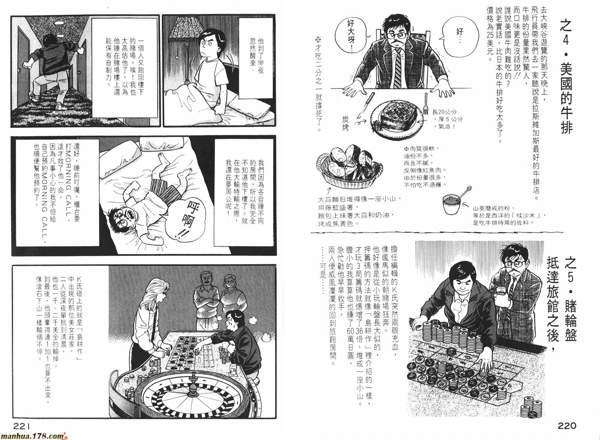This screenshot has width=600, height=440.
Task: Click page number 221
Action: [x=22, y=425]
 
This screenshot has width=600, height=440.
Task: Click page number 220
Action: [x=567, y=425]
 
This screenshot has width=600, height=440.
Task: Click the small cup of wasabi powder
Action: [x=451, y=204]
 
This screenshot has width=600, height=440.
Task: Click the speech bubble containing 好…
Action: [x=460, y=36]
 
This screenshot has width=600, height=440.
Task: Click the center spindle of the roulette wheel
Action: [x=192, y=387]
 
